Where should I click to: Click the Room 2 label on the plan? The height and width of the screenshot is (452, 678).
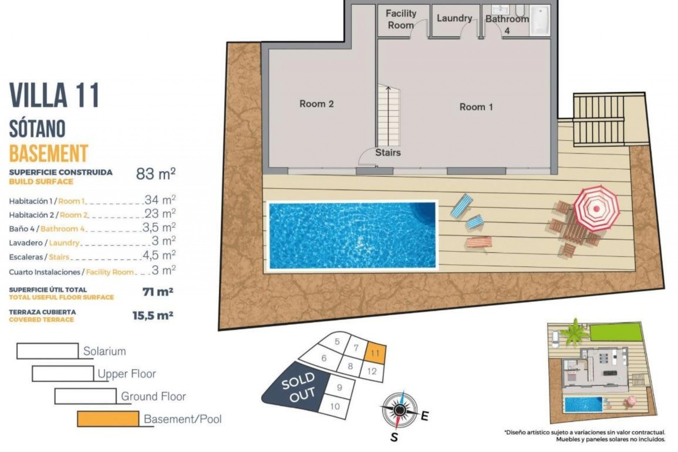[316, 104]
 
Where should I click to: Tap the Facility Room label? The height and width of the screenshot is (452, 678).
[401, 19]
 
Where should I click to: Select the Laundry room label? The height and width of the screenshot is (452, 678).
[454, 18]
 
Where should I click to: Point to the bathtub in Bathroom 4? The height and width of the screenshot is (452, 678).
[540, 20]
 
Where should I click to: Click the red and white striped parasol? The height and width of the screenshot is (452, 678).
[596, 208]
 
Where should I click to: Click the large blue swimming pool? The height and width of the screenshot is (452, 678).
[352, 236]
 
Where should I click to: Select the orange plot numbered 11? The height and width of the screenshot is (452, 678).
[375, 353]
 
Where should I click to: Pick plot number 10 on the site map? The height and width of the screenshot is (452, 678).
[334, 406]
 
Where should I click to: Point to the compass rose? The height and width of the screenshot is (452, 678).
[399, 410]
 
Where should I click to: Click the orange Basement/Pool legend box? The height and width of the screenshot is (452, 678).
[108, 419]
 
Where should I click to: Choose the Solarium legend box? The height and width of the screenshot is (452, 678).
[48, 351]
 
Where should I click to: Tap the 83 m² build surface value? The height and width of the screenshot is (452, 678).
[156, 174]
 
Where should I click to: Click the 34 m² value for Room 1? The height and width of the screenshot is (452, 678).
[160, 200]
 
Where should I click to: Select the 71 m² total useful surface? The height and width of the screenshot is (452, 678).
[157, 292]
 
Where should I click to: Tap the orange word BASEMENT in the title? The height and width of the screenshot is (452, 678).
[48, 153]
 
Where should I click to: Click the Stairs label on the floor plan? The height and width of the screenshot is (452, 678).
[388, 153]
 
